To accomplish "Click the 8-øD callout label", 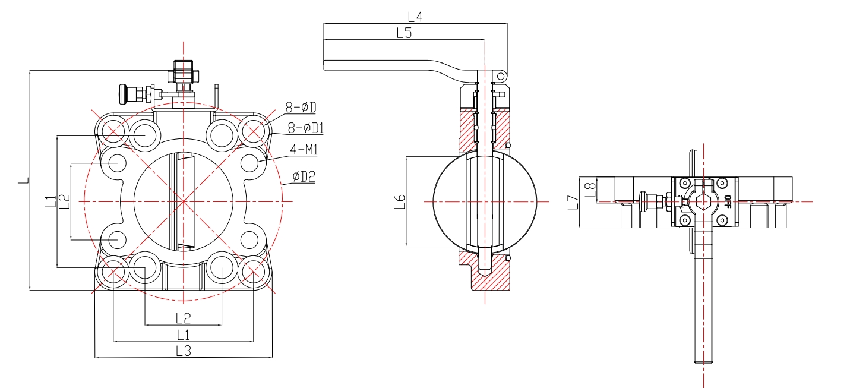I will pos(301,108).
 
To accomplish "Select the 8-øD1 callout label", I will pos(305,128).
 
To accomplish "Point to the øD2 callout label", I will pos(304,176).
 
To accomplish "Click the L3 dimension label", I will pos(184,351).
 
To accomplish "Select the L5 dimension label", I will pos(404,33).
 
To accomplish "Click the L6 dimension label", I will pos(400,201).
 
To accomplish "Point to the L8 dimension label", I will pos(589,188).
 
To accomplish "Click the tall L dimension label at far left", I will pos(23,180).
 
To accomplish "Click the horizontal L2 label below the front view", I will pos(183,318).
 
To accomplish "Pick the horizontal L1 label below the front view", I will pos(183,334).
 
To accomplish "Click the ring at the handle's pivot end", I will pos(502,75).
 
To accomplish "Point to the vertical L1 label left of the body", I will pos(50,201).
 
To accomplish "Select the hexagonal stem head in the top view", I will pos(704,201).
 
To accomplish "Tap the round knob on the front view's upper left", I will pos(124,93).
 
